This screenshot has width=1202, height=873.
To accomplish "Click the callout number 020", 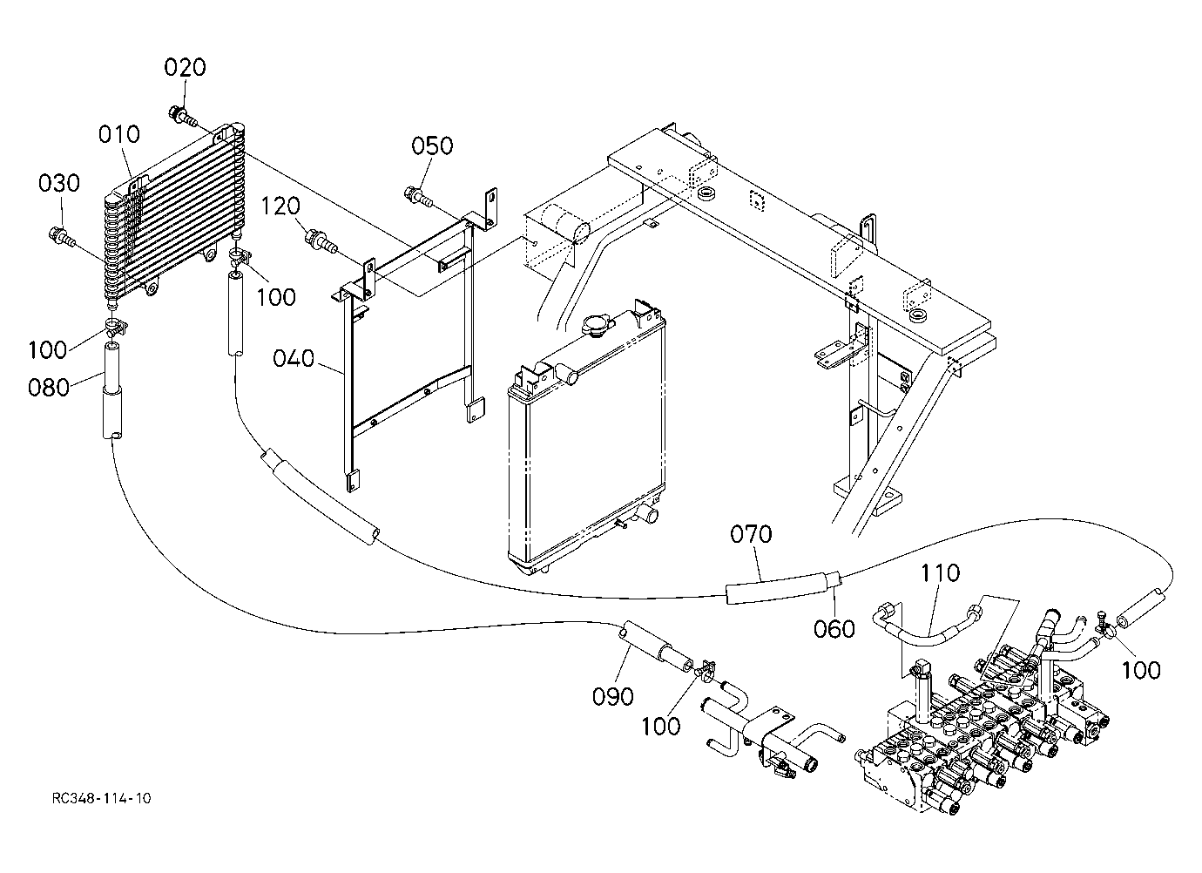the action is [x=185, y=68].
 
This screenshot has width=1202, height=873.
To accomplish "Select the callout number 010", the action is [x=119, y=134].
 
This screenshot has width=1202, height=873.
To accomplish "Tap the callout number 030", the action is [x=59, y=183].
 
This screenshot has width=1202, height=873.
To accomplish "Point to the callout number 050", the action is [x=433, y=145].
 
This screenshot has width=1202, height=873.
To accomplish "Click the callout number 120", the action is [x=280, y=206].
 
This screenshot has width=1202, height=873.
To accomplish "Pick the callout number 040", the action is [x=294, y=358].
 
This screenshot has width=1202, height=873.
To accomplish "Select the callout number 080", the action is [x=49, y=387].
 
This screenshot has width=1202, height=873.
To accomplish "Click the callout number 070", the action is [x=751, y=534].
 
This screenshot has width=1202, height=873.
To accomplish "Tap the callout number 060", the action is [x=834, y=629].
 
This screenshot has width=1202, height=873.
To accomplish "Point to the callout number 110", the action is [x=940, y=573].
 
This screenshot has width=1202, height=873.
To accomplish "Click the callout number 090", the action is [x=613, y=696].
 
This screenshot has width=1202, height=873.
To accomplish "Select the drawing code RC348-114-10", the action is [x=101, y=798].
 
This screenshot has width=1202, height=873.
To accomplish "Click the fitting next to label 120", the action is [x=321, y=241].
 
